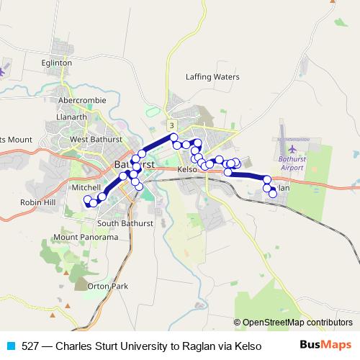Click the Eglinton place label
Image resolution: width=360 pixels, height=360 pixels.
point(57,63)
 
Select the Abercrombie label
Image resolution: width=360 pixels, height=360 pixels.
point(83,99)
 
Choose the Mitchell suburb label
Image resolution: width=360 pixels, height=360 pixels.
point(86,186)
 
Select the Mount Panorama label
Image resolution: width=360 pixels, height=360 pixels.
point(85,237)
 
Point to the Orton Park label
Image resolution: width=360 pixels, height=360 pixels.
point(107,286)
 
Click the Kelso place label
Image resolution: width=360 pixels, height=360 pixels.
point(186,169)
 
